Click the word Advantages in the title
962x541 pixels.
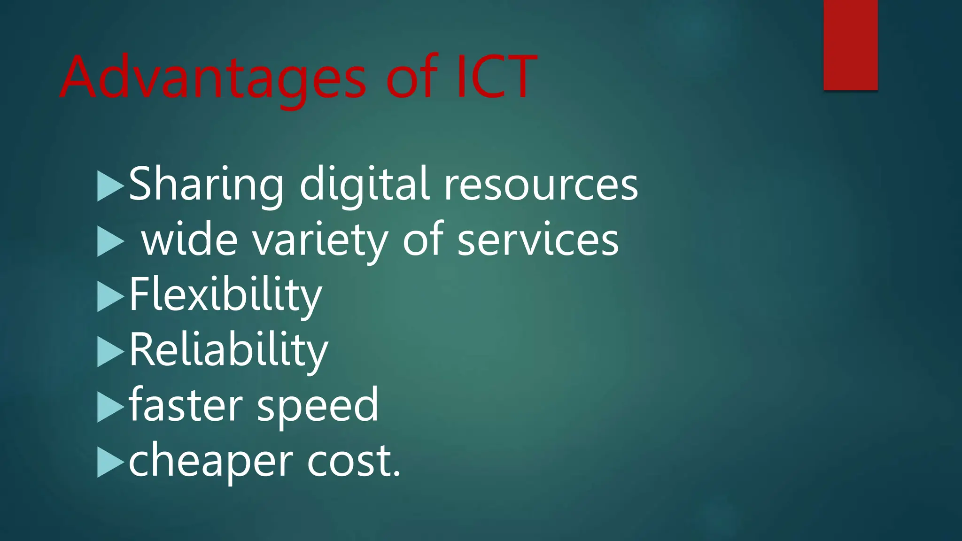click(213, 77)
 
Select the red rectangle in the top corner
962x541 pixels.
click(850, 45)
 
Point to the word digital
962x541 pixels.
click(364, 184)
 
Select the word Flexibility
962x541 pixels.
click(225, 295)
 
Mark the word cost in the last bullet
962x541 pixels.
click(350, 460)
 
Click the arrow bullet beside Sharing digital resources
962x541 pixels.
click(109, 186)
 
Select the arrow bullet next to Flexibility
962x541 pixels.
click(109, 297)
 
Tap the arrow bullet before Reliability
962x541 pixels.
click(109, 352)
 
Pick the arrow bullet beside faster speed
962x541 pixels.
click(109, 407)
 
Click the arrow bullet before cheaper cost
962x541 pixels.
click(109, 463)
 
